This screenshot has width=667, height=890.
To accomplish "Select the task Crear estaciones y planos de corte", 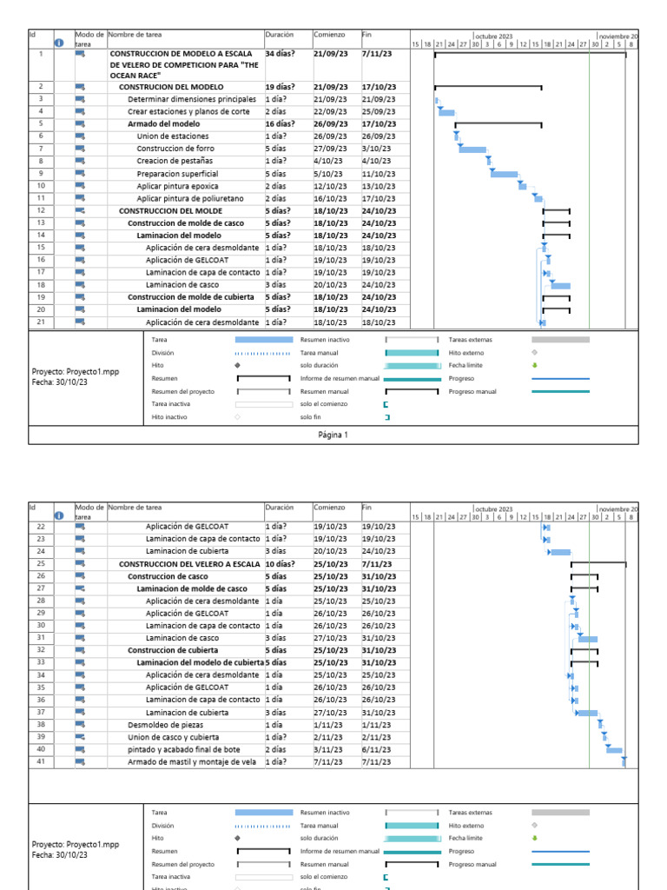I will (x=188, y=112).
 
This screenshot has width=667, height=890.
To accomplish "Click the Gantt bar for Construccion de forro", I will (x=472, y=149).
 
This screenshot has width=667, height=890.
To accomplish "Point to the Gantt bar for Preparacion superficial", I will (x=504, y=174).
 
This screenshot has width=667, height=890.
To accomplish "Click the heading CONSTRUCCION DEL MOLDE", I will (x=170, y=211).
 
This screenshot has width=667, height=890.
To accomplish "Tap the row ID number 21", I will (x=41, y=322).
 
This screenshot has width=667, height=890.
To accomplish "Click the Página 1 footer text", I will (x=333, y=435).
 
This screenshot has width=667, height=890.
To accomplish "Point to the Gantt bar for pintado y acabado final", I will (x=614, y=749).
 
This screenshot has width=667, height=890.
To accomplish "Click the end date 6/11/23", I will (x=376, y=749).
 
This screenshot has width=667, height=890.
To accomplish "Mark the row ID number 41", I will (x=41, y=762).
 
